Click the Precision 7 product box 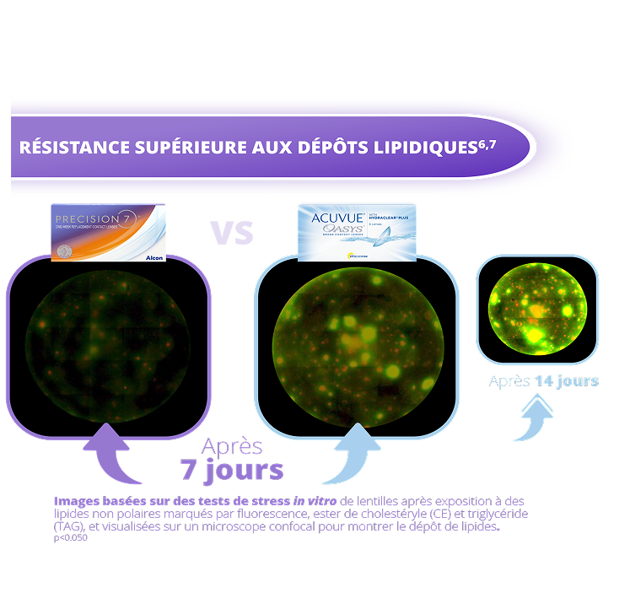click(109, 233)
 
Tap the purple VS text click(232, 232)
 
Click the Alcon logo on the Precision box click(154, 256)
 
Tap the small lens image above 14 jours click(536, 308)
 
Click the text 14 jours click(567, 380)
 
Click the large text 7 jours click(233, 469)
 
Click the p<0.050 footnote click(70, 537)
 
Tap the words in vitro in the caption click(312, 501)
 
